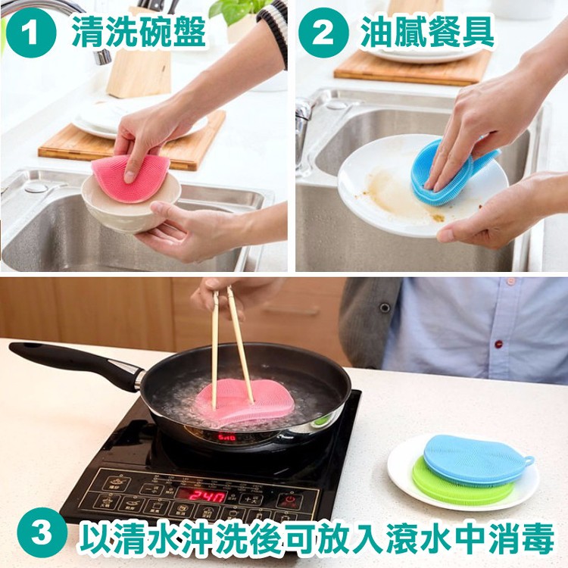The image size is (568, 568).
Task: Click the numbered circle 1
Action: [x=31, y=33]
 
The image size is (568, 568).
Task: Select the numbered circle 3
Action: [x=42, y=532]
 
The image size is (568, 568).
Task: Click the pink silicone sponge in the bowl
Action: [x=129, y=177]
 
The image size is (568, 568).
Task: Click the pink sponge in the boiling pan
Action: [x=245, y=401]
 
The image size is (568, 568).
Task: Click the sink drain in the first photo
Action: [x=36, y=187]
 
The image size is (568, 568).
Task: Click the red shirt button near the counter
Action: [x=499, y=342]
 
